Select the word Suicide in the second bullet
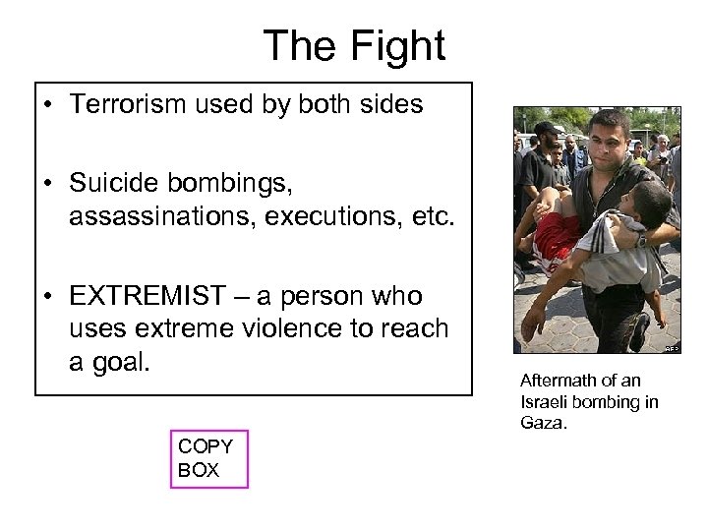tap(116, 183)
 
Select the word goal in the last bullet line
tap(119, 361)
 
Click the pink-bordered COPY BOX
tap(208, 458)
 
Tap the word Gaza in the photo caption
tap(544, 422)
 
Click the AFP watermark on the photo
tap(672, 348)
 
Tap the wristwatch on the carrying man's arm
tap(641, 239)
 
